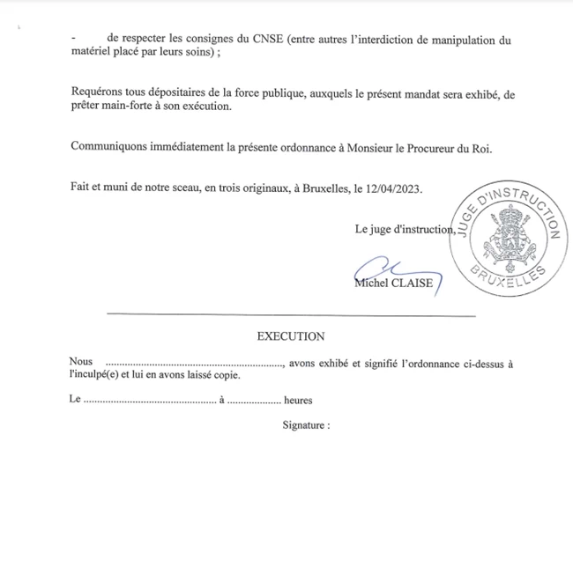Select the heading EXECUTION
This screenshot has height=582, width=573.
pos(290,335)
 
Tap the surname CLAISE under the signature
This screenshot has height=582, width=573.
pos(413,283)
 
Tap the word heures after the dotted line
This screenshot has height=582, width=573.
pos(298,400)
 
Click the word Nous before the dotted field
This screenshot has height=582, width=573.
pos(80,362)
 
